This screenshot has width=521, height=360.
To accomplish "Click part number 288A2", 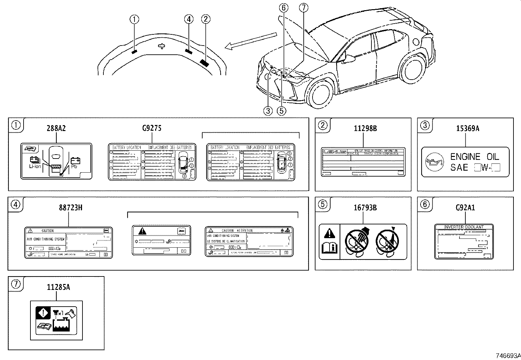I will pos(56,128).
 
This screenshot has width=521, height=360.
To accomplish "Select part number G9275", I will pos(152,128).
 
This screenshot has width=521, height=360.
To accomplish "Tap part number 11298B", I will pos(365,128).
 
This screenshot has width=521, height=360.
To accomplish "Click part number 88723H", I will pos(70,208).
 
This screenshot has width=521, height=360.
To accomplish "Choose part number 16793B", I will pos(365,208).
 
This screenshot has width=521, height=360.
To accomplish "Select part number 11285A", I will pos(58,287).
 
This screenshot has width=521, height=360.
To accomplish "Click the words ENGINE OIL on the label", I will pos(475,157).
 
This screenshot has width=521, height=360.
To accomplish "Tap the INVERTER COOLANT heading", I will pos(464,227).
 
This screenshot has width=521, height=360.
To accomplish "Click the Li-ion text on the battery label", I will pos(35,166).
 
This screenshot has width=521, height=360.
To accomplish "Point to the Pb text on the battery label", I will pos(74,166).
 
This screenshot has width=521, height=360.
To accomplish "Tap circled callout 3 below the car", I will pos(268,111).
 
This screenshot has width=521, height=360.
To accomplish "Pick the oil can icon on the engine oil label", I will pos(434,162).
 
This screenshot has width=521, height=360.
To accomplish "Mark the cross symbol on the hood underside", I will pos(161,46).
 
